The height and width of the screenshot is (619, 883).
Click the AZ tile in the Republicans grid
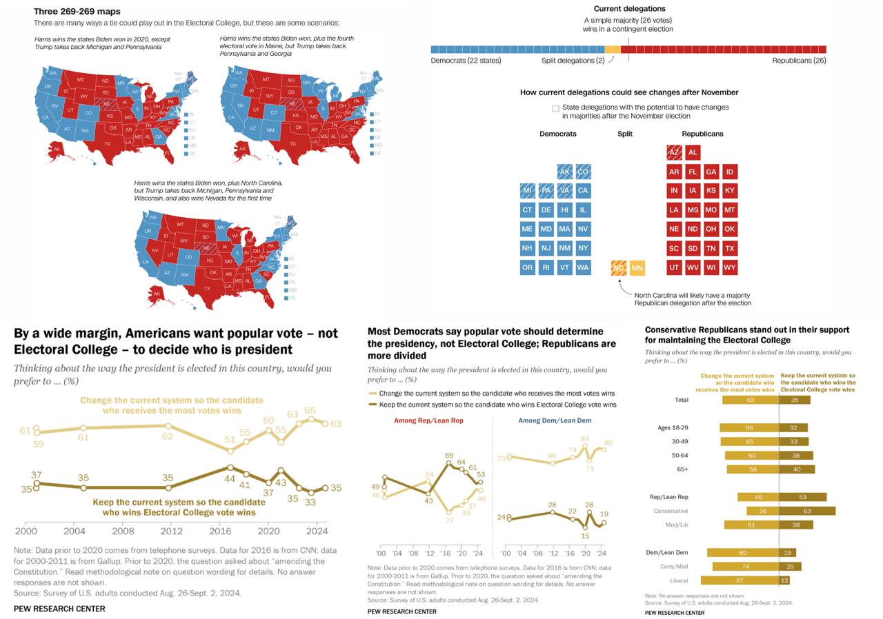point(674,152)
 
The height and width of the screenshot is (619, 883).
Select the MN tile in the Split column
point(637,267)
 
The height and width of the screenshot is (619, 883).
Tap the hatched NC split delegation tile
point(619,267)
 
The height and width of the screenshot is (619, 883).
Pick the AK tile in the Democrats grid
point(565,172)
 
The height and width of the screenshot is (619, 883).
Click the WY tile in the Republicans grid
point(729,267)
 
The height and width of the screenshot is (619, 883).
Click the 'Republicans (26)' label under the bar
point(799,61)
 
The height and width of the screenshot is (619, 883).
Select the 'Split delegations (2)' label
point(573,61)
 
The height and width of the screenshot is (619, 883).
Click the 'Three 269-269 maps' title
point(77,12)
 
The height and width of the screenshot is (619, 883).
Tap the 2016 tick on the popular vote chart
point(220,531)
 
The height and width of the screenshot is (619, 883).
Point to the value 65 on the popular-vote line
point(310,411)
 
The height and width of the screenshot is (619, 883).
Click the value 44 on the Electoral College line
point(230,478)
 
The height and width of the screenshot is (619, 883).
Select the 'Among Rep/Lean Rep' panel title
point(428,420)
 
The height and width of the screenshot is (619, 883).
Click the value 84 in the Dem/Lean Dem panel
point(585,439)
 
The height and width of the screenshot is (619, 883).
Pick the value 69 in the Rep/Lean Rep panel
point(449,456)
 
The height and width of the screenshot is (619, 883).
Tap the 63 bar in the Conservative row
point(807,511)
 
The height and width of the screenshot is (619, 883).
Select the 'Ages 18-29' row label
point(673,427)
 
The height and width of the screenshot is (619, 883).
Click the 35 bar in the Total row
point(795,400)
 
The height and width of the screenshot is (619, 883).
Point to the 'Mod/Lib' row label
point(676,525)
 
